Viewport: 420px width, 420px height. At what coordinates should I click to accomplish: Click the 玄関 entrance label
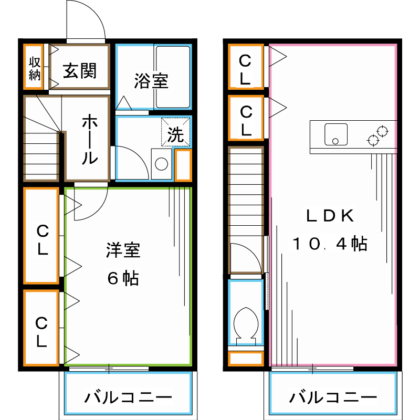click(80, 70)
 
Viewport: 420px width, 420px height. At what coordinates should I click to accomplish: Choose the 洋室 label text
click(123, 250)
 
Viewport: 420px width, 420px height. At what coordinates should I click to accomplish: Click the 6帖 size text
click(123, 278)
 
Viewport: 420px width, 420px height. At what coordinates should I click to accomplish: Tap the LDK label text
click(331, 216)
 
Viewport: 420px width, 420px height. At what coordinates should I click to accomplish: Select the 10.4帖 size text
click(330, 244)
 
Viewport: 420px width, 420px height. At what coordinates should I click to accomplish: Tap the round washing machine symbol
click(161, 164)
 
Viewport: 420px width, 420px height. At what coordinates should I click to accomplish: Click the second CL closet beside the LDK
click(246, 119)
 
